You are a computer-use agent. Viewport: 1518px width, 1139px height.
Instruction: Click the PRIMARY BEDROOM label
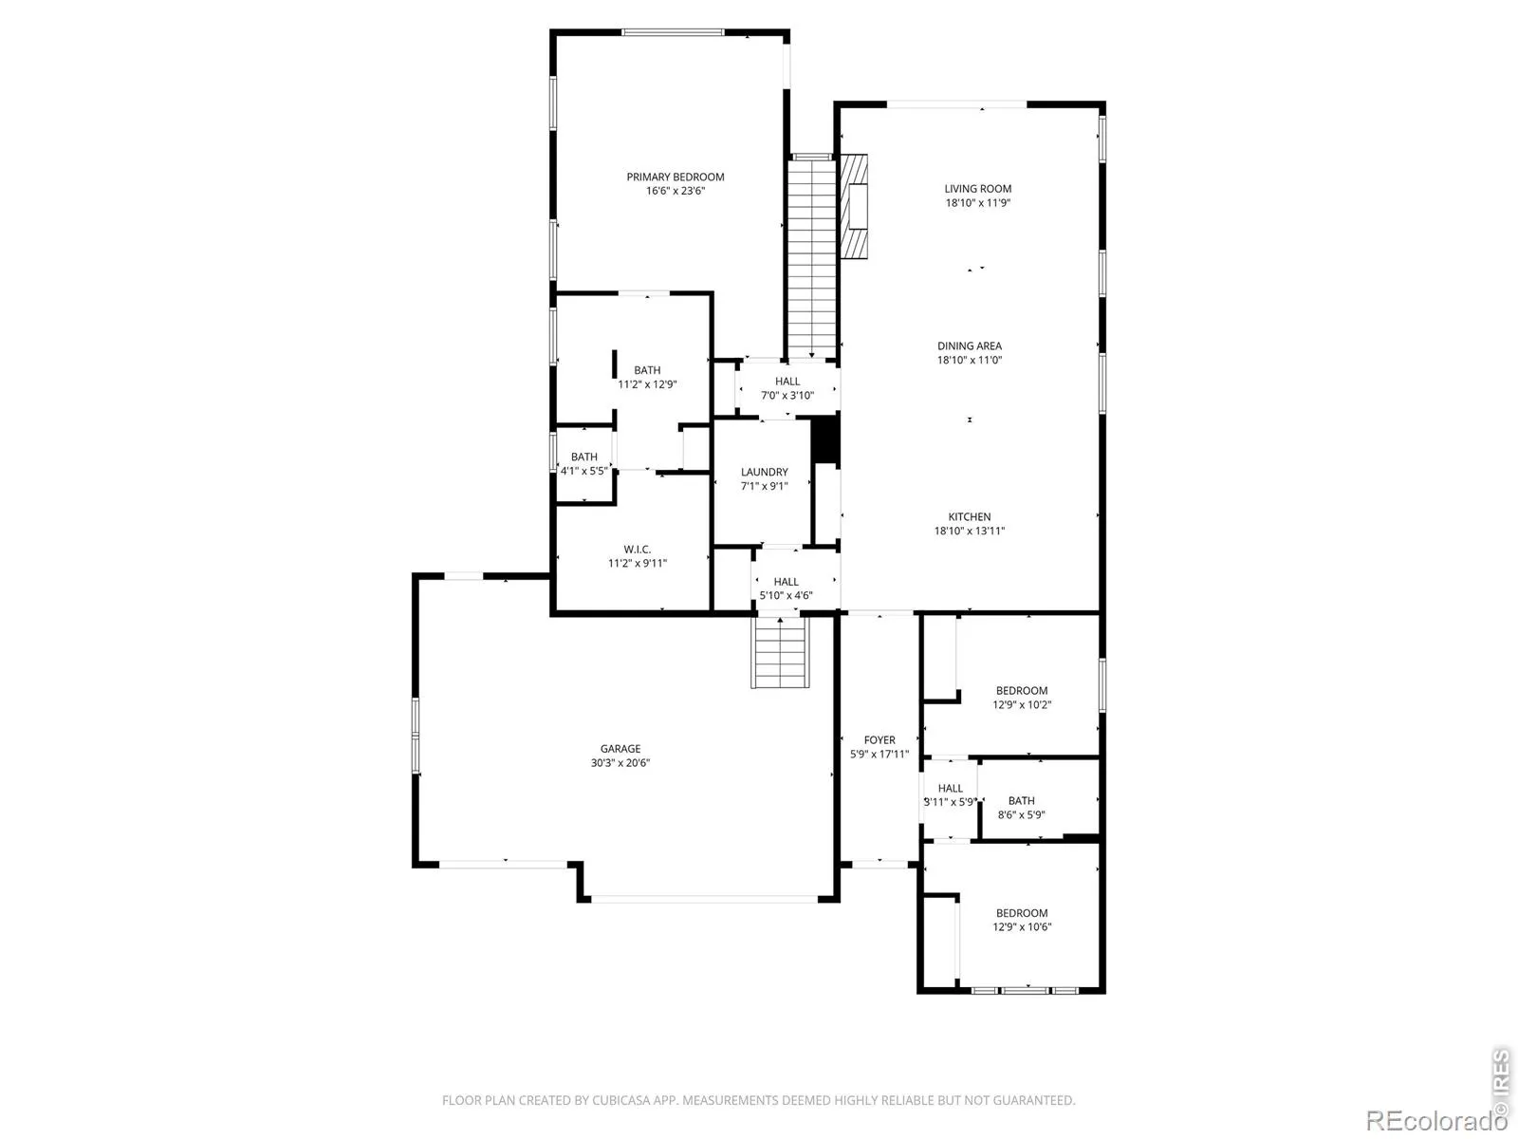(675, 177)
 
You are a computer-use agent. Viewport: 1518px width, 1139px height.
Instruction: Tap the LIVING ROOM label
(977, 189)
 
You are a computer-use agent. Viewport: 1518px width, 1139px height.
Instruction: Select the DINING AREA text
(969, 345)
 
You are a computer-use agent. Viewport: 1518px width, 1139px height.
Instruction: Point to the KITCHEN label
(969, 516)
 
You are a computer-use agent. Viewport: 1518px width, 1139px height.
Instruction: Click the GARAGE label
(620, 748)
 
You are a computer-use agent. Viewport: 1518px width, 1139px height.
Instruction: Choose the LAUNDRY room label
(764, 472)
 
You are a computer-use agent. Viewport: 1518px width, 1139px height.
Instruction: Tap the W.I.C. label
(637, 550)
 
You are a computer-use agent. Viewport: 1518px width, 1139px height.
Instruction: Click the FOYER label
(879, 740)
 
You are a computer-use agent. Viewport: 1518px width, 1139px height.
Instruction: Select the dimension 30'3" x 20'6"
(620, 763)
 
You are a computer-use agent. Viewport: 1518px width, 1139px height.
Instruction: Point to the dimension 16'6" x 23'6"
(675, 191)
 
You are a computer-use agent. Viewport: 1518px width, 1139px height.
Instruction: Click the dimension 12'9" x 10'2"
(1022, 704)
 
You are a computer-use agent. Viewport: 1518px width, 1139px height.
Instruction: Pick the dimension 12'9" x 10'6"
(1022, 926)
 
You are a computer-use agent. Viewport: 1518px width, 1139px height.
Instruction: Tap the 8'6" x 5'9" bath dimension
(1021, 814)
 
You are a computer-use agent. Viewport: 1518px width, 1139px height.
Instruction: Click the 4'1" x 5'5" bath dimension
(583, 471)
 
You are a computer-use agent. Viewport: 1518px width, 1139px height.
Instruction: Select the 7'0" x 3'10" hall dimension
(787, 396)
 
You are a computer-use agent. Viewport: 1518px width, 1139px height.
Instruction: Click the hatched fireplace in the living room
(853, 206)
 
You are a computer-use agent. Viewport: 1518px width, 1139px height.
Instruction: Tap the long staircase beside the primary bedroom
(812, 258)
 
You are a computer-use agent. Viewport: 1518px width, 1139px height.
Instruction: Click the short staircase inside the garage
(780, 652)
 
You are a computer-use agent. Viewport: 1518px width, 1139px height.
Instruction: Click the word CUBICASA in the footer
(619, 1100)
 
